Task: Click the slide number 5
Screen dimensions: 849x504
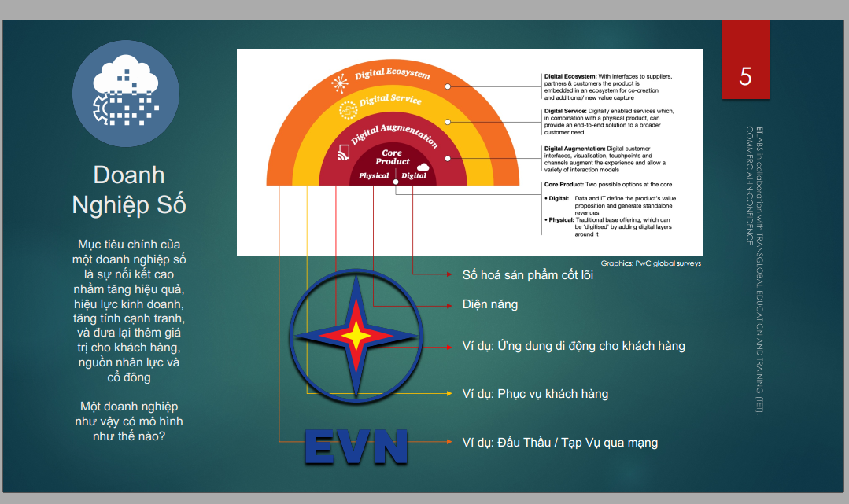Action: click(x=745, y=77)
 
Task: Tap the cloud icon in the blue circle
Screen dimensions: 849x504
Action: click(x=126, y=90)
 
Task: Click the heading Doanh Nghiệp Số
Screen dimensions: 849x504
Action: click(x=129, y=190)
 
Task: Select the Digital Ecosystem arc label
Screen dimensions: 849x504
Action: click(x=393, y=74)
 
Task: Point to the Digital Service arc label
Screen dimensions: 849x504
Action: click(x=389, y=99)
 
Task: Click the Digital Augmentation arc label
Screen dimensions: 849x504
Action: click(x=394, y=134)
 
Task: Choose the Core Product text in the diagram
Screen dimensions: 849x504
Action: click(x=393, y=157)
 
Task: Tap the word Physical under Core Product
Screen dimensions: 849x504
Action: click(x=374, y=175)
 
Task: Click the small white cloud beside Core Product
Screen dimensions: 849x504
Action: click(x=423, y=167)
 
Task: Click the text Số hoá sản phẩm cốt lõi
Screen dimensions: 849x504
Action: click(x=527, y=275)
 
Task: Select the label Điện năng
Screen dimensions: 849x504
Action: click(x=489, y=304)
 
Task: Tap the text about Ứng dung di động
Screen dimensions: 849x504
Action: click(x=574, y=346)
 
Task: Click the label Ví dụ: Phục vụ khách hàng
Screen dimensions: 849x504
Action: click(x=535, y=394)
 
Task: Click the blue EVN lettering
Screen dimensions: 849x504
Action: click(x=356, y=447)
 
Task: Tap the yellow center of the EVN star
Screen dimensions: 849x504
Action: click(x=356, y=337)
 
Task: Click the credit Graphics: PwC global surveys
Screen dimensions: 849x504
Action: click(x=651, y=263)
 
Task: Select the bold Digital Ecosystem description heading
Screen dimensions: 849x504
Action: click(x=570, y=76)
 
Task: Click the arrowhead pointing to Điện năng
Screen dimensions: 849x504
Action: click(x=449, y=306)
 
